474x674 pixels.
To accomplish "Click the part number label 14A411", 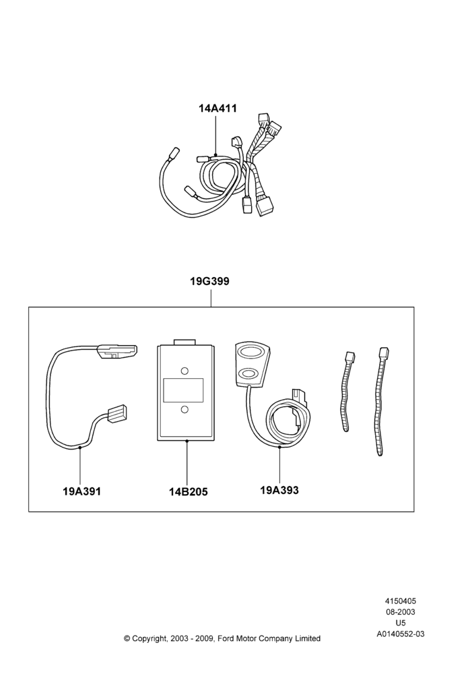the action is (217, 108).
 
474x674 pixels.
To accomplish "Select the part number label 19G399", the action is (210, 281).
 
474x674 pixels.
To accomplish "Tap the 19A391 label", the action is (81, 491).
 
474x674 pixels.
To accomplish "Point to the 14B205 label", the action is (188, 491).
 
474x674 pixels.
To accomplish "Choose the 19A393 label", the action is (279, 489).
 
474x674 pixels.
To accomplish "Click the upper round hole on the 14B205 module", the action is (184, 371).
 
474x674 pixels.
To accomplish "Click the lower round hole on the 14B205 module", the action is (184, 409).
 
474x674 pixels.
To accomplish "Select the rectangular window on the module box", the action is (183, 390).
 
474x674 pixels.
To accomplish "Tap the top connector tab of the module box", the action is (184, 342).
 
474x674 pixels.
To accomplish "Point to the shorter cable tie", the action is (347, 391).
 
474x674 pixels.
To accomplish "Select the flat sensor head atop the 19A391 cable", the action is (117, 351).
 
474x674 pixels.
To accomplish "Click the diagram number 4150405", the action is (400, 601).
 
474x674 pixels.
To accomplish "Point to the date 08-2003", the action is (400, 612).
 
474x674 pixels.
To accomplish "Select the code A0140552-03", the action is (400, 634).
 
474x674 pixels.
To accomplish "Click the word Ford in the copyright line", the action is (227, 638).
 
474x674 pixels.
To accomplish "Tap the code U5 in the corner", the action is (400, 623).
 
